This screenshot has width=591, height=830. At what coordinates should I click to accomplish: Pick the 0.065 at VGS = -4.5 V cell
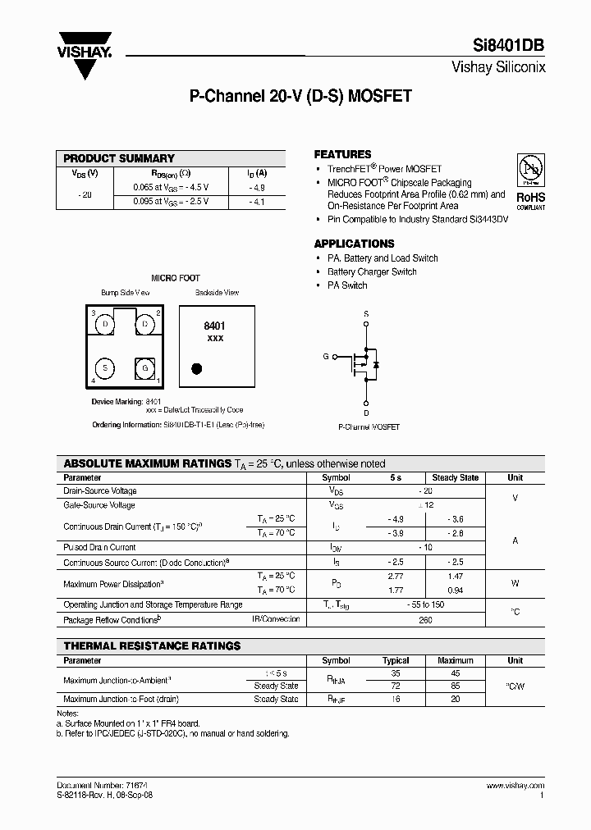(171, 187)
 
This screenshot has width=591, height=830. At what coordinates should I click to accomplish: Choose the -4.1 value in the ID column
(257, 200)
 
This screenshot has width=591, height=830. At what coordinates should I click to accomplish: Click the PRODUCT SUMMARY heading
(119, 158)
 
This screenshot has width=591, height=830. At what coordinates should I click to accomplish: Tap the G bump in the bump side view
(144, 367)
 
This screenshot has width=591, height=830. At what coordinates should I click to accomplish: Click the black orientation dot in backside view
(196, 368)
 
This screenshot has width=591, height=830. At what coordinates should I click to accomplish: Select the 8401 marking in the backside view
(214, 326)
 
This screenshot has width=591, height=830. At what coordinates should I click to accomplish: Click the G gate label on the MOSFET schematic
(326, 357)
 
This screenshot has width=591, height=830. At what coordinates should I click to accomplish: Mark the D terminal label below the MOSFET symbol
(366, 412)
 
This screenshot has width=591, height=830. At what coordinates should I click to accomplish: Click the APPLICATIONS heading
(354, 244)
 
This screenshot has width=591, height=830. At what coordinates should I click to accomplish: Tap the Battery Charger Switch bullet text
(372, 271)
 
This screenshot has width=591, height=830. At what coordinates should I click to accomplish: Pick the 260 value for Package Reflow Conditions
(426, 619)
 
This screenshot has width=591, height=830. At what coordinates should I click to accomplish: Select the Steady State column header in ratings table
(455, 477)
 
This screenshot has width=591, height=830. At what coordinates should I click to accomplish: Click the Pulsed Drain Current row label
(99, 547)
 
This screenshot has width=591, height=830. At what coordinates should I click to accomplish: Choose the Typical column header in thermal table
(396, 660)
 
